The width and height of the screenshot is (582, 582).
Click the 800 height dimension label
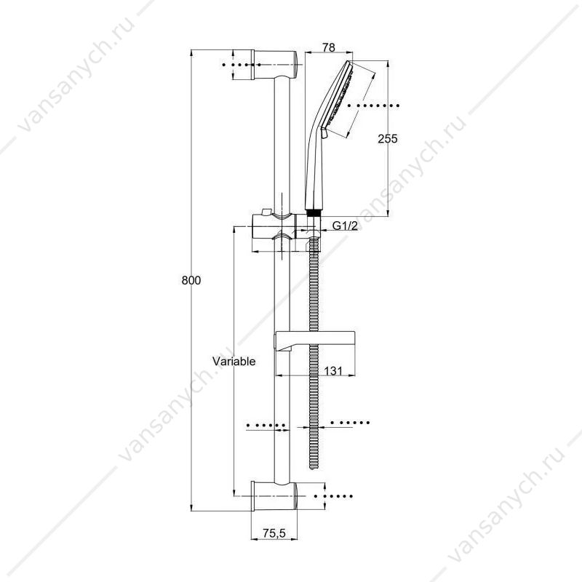pyautogui.click(x=191, y=280)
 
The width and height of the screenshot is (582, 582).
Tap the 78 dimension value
pyautogui.click(x=329, y=47)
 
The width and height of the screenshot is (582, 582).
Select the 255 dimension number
pyautogui.click(x=388, y=139)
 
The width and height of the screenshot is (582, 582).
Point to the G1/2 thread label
pyautogui.click(x=345, y=226)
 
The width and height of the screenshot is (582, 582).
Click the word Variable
pyautogui.click(x=234, y=361)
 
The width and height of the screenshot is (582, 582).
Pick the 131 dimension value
pyautogui.click(x=333, y=371)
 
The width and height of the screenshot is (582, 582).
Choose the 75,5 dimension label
pyautogui.click(x=274, y=533)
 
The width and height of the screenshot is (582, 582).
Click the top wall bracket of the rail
pyautogui.click(x=275, y=65)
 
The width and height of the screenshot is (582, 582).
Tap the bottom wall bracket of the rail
pyautogui.click(x=274, y=496)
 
